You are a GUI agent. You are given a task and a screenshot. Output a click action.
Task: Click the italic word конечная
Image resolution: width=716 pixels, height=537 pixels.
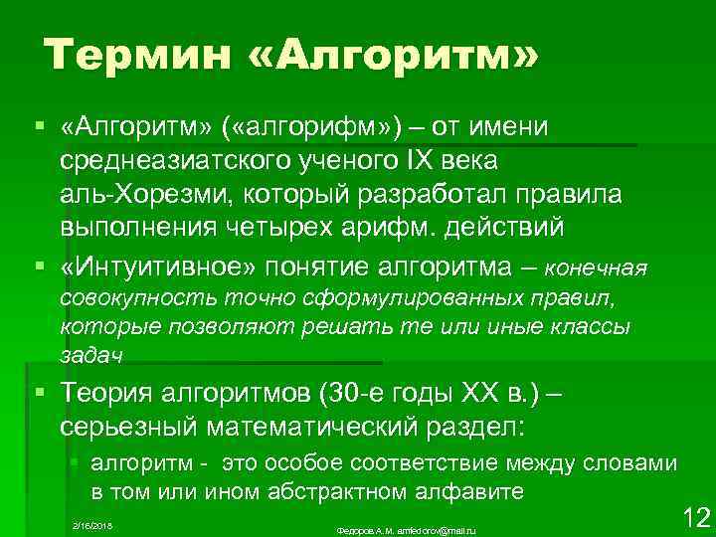coord(599,268)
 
